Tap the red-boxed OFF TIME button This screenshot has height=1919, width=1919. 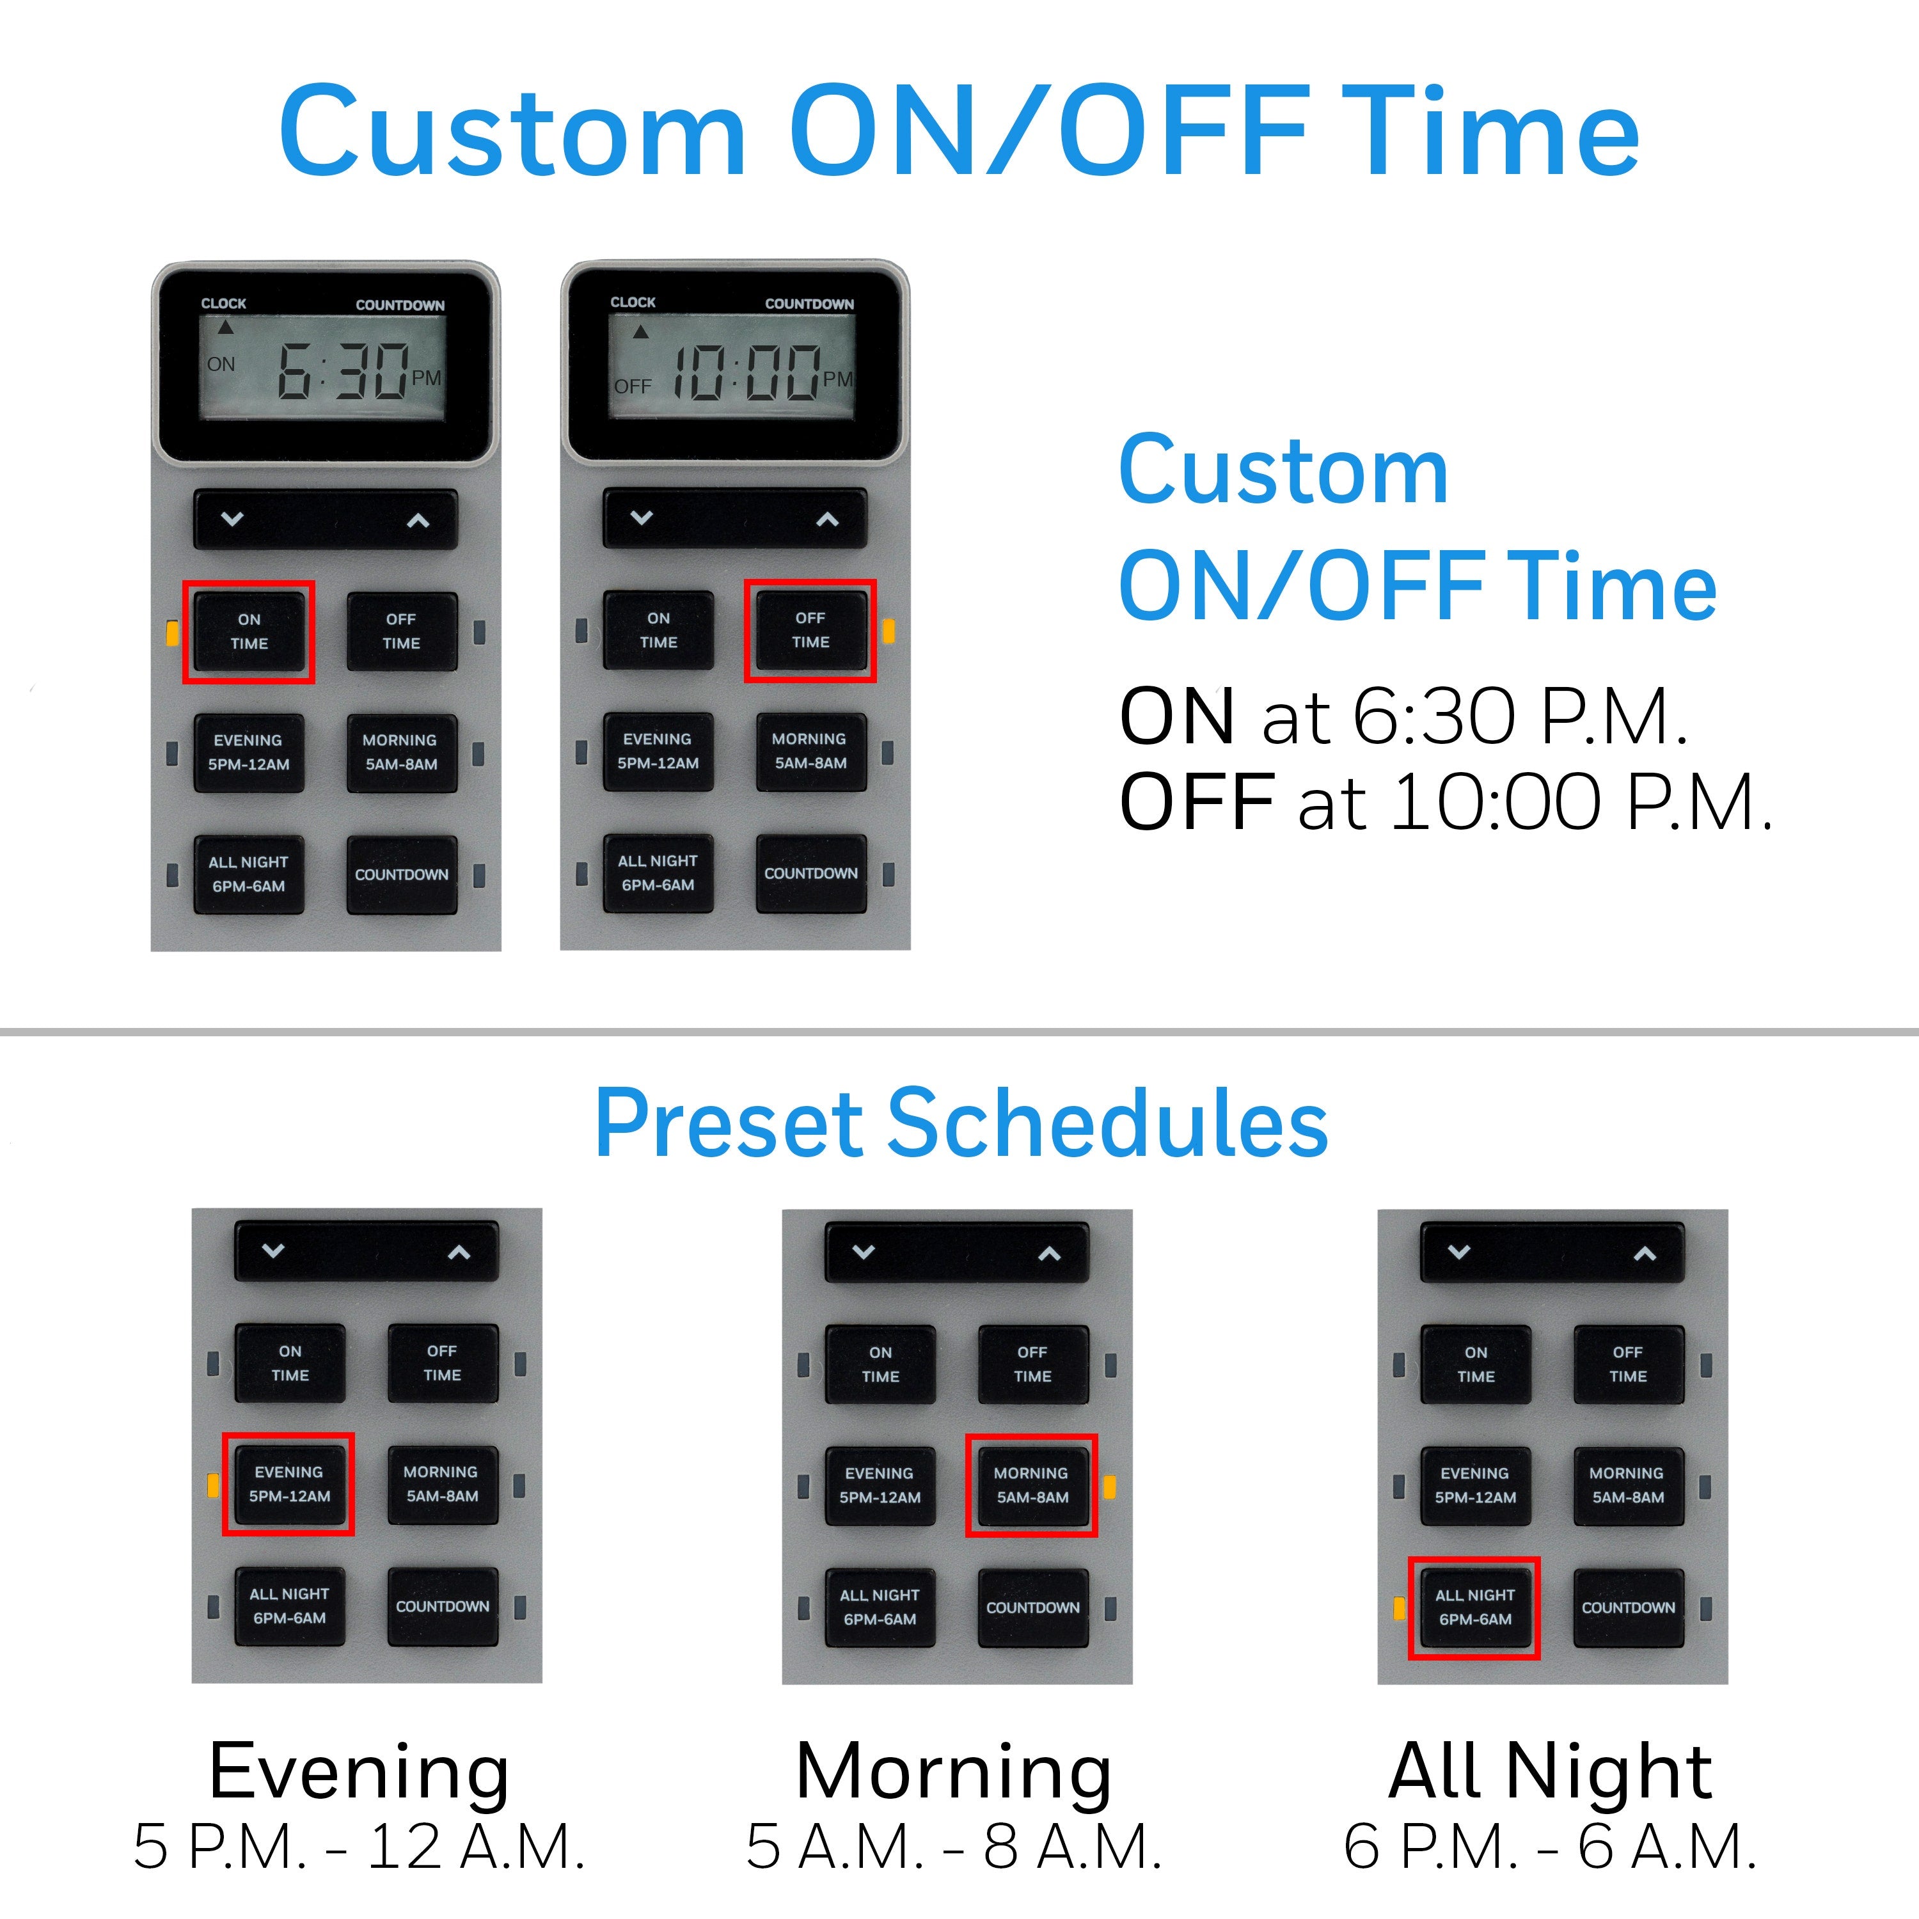(810, 631)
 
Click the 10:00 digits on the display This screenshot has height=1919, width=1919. (747, 372)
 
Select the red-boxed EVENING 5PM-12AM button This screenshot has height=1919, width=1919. (289, 1484)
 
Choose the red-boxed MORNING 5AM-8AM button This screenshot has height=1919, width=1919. (1032, 1485)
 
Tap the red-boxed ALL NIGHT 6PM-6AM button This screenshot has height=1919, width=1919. (1475, 1607)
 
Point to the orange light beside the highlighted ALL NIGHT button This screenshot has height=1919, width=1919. (1400, 1607)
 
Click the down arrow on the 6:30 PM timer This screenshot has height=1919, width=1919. (232, 519)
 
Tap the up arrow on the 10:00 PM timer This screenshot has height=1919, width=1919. (827, 519)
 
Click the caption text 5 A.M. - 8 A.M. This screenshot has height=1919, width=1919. (954, 1847)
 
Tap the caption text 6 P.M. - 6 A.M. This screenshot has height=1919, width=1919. (1549, 1847)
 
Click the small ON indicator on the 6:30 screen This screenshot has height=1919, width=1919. (221, 365)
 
